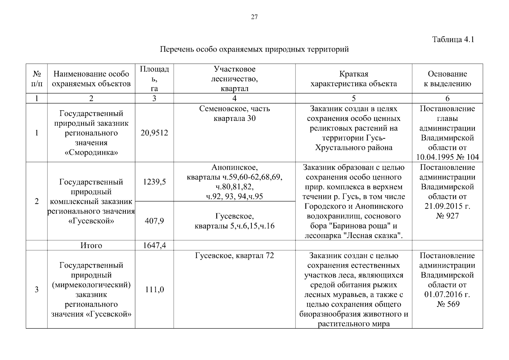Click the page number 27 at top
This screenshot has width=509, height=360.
[x=254, y=17]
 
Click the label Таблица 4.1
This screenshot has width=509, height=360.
[x=453, y=40]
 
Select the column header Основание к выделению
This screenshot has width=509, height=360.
[x=447, y=79]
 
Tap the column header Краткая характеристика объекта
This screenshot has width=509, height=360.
[x=354, y=79]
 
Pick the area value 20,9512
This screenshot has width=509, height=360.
[x=154, y=133]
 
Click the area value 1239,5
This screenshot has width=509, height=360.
[x=154, y=182]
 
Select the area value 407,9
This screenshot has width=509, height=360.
[x=154, y=221]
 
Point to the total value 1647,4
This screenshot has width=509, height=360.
[x=154, y=246]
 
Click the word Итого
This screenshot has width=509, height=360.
[x=91, y=246]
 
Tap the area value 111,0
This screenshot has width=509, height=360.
[x=154, y=289]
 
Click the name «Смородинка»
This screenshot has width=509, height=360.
[x=91, y=152]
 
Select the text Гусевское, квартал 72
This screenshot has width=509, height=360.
[x=234, y=256]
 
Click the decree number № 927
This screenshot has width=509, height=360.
[x=447, y=216]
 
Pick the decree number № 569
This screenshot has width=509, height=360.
[x=447, y=304]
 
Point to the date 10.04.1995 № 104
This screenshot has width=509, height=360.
[x=447, y=157]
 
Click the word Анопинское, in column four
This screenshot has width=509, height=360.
[x=234, y=167]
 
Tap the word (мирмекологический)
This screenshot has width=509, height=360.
[x=91, y=285]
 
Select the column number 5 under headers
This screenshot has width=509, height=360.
[x=354, y=98]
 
